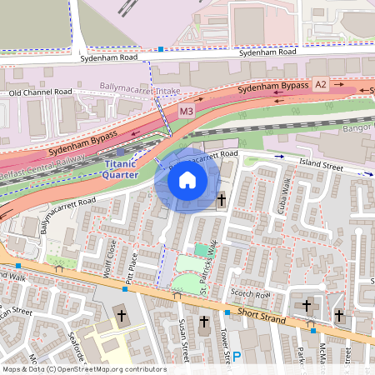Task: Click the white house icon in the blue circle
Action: pyautogui.click(x=187, y=179)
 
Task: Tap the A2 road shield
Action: pyautogui.click(x=321, y=84)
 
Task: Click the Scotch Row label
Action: pyautogui.click(x=251, y=294)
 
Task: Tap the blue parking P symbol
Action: pyautogui.click(x=237, y=357)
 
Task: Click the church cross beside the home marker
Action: pyautogui.click(x=222, y=200)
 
